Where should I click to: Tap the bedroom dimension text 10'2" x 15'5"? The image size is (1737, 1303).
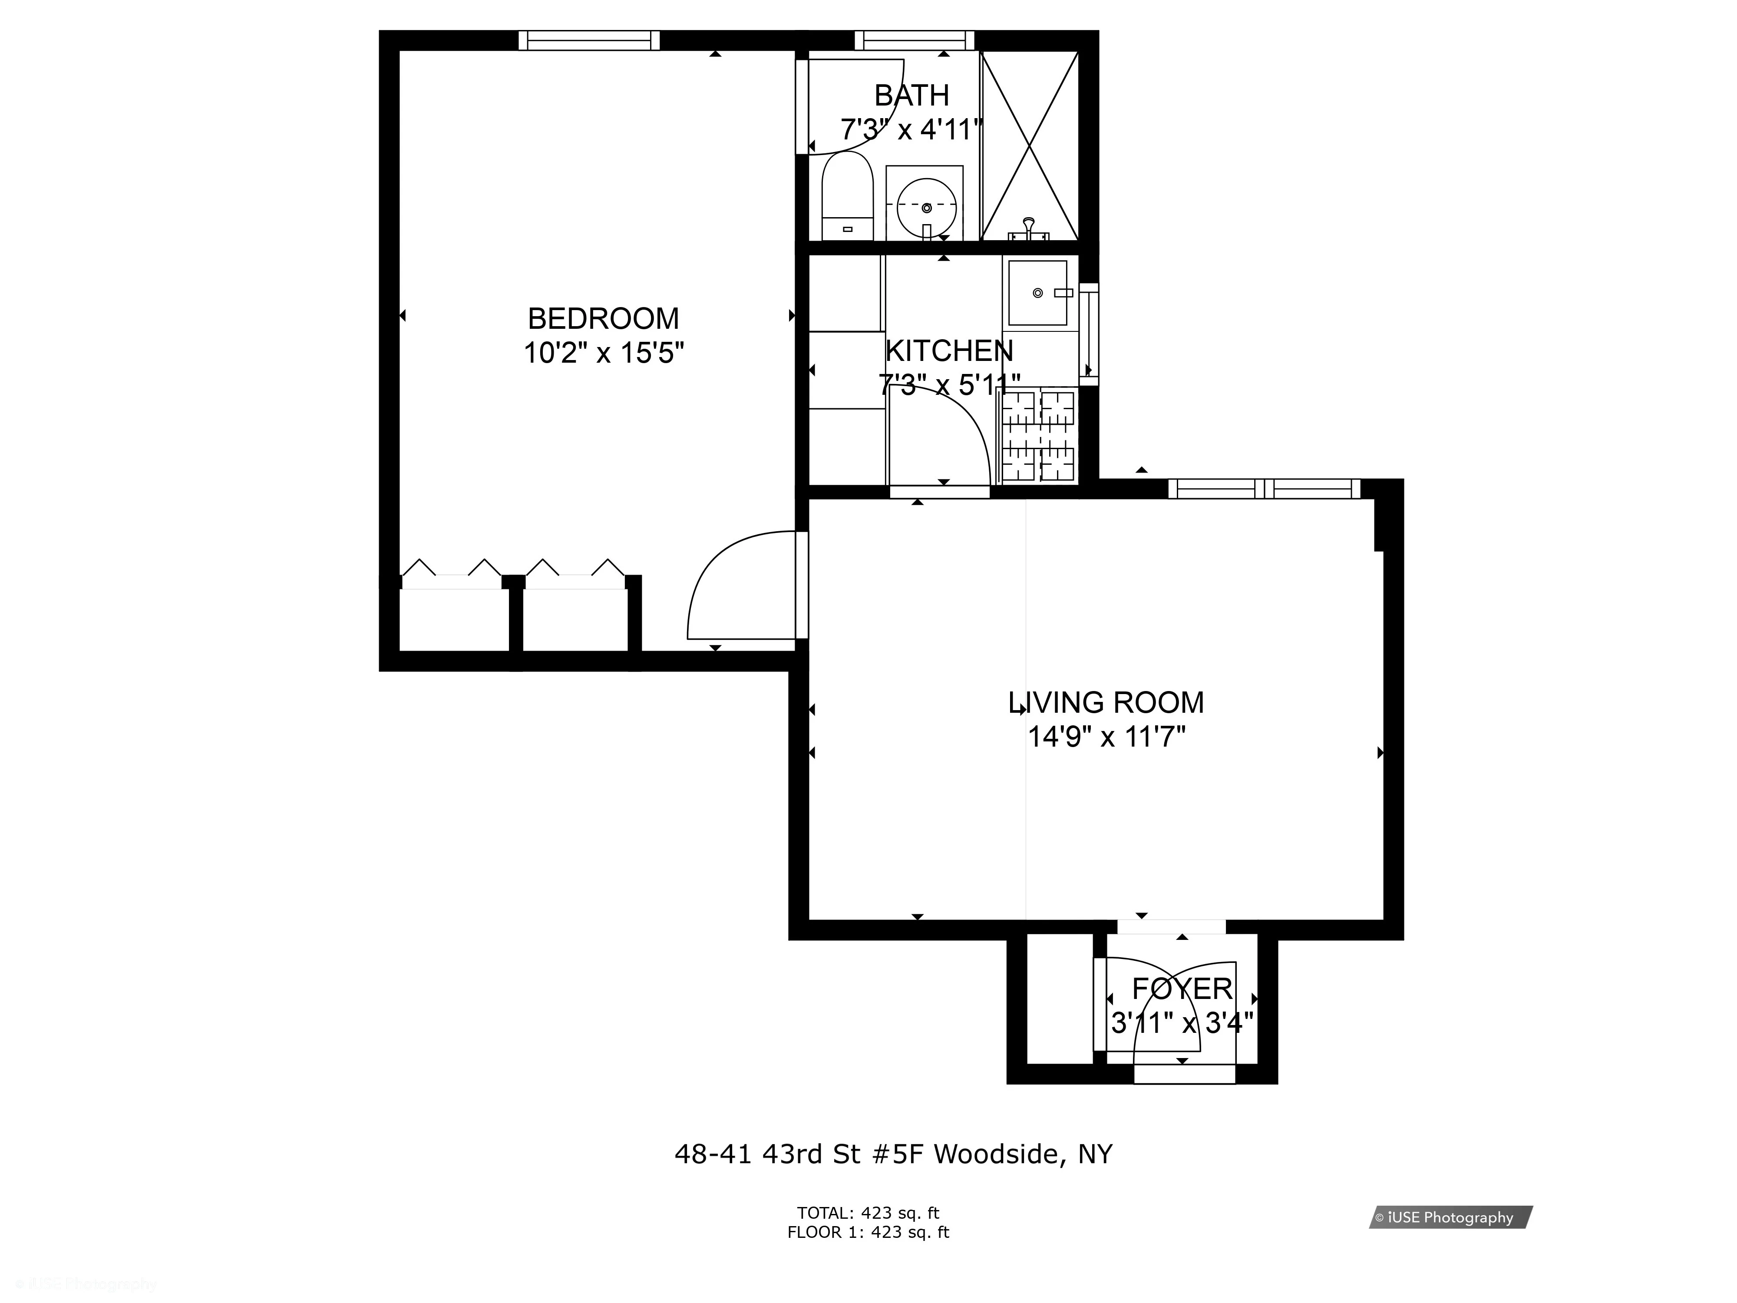pos(603,354)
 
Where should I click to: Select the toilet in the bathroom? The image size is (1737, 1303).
pos(847,196)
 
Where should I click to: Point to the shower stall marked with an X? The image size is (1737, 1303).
pos(1030,146)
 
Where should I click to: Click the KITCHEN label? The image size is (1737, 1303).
pos(948,351)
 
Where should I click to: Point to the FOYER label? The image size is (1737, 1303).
pos(1182,988)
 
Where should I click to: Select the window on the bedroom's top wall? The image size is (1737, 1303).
pos(589,40)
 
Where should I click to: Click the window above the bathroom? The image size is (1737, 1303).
pos(914,40)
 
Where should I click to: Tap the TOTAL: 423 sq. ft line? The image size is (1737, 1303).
pos(868,1212)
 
